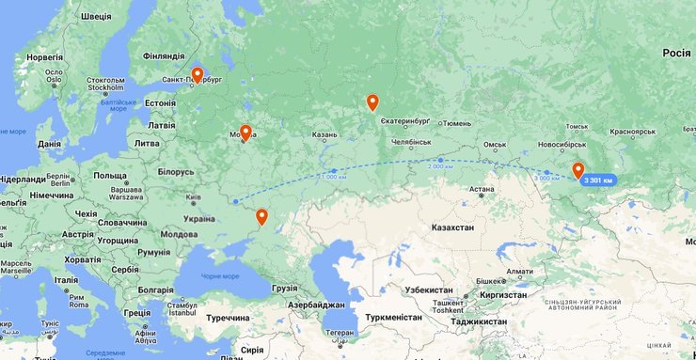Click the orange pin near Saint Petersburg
coord(198,74)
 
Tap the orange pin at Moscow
coord(245,133)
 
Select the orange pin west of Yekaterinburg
coord(372,102)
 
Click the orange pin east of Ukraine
coord(261,217)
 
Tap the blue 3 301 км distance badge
coord(597,180)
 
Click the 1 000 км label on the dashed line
coord(332,176)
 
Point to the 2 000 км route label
coord(439,165)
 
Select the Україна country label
coord(198,218)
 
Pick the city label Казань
coord(324,134)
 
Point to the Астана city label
coord(482,189)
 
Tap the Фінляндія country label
coord(163,55)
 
